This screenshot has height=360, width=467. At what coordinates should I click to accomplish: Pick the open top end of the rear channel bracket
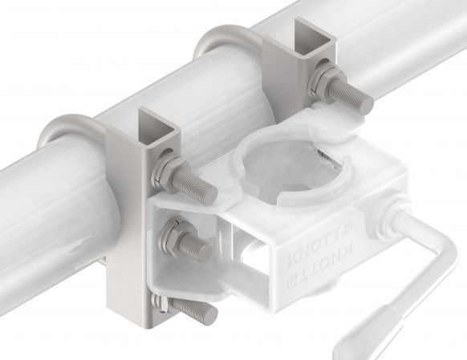tap(309, 37)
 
